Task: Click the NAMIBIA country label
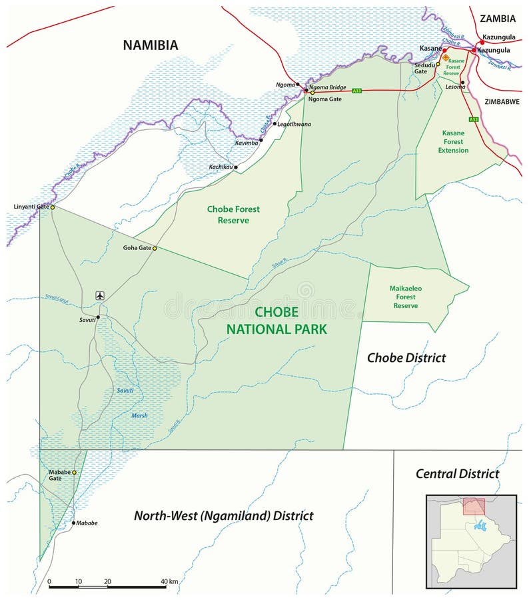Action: tap(151, 45)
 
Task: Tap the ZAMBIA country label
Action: tap(497, 19)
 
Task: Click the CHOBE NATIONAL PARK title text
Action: tap(276, 321)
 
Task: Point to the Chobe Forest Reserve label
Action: tap(233, 214)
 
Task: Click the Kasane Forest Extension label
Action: tap(453, 141)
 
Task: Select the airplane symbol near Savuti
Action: tap(100, 295)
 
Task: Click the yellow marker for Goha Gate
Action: tap(155, 248)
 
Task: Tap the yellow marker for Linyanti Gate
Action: tap(53, 207)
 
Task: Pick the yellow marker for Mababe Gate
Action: tap(74, 473)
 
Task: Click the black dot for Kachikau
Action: tap(237, 167)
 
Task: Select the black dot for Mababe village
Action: tap(73, 523)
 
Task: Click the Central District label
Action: tap(457, 474)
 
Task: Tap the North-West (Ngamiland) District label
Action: tap(224, 515)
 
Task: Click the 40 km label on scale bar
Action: tap(169, 581)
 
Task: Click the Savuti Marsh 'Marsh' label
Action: tap(139, 415)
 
